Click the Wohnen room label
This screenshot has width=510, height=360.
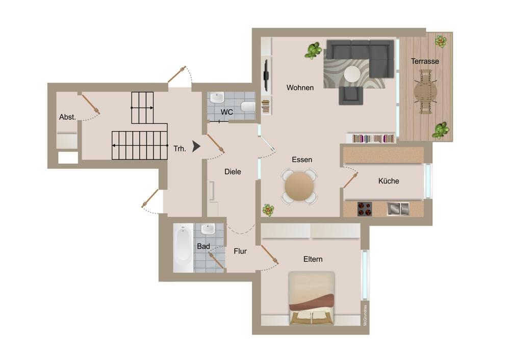tap(300, 88)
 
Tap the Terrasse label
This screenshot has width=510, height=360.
tap(425, 61)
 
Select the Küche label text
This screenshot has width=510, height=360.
tap(388, 181)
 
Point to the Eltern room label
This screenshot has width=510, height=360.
tap(313, 259)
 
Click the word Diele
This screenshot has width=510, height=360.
tap(233, 172)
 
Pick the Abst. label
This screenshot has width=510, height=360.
tap(67, 117)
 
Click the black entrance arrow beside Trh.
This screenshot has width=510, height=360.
tap(196, 146)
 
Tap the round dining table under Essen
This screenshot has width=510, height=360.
tap(299, 186)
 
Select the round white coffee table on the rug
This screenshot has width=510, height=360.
tap(352, 74)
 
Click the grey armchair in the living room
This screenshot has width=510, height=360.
tap(351, 96)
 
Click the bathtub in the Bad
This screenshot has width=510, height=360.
tap(183, 248)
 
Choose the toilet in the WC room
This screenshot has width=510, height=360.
tap(248, 106)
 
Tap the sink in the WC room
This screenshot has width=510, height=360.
tap(216, 97)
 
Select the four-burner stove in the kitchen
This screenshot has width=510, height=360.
tap(365, 209)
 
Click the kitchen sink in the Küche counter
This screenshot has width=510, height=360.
tap(398, 209)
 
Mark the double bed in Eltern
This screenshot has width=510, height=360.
tap(312, 298)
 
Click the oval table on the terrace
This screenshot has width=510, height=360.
tap(425, 92)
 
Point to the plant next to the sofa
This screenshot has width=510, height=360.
tap(314, 50)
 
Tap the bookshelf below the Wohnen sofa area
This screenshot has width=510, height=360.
tap(371, 138)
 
